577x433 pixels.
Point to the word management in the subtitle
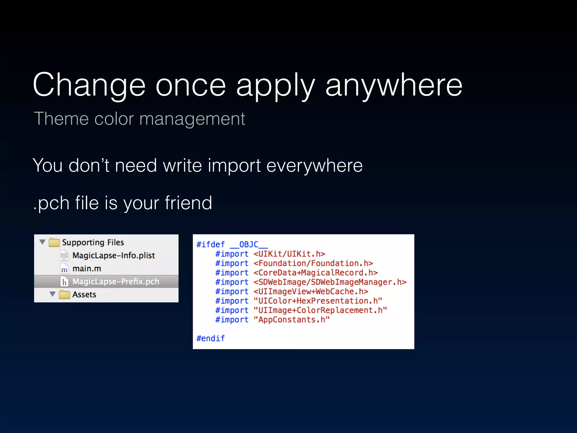[x=192, y=119]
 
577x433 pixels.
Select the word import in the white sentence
[x=234, y=165]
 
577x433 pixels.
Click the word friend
[x=188, y=203]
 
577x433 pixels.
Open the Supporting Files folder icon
[x=54, y=242]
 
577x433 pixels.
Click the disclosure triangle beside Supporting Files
[x=43, y=242]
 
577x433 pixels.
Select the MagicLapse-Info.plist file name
[x=114, y=255]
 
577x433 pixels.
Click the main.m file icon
[x=64, y=269]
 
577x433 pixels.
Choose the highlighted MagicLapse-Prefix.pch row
[x=106, y=281]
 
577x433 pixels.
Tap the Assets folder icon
[x=64, y=295]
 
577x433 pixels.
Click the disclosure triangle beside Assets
[x=52, y=294]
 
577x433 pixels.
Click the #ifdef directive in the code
[x=210, y=244]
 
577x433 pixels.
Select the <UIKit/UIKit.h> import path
[x=289, y=254]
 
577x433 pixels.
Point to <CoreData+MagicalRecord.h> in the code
[x=316, y=273]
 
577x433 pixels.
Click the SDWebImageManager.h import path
[x=330, y=282]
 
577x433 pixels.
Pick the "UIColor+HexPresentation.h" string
[x=318, y=301]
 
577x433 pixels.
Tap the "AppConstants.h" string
[x=292, y=320]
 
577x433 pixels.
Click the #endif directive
[x=210, y=338]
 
